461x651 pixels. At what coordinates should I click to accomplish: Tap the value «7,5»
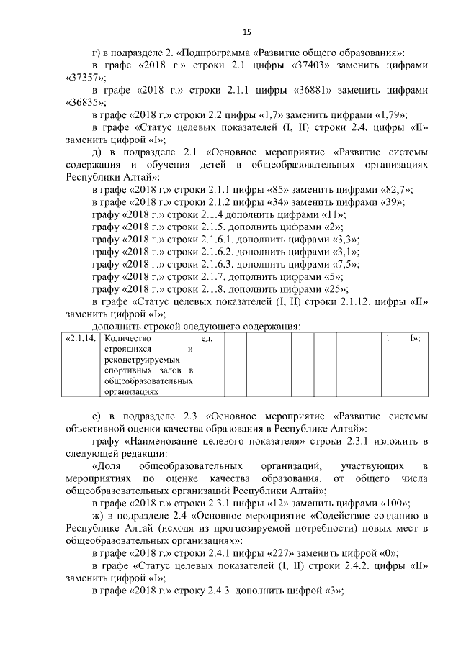pos(346,265)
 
